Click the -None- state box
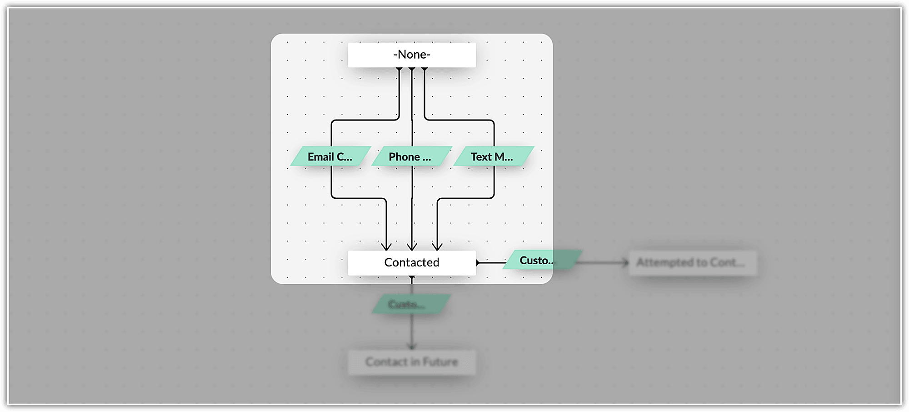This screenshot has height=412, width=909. click(412, 55)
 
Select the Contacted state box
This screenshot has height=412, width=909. click(412, 262)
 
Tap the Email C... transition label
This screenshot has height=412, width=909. click(330, 156)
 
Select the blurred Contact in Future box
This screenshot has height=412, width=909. click(412, 362)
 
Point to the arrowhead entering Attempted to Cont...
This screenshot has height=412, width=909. click(626, 262)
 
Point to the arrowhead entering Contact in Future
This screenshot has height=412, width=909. click(412, 347)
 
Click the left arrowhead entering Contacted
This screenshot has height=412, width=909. click(386, 247)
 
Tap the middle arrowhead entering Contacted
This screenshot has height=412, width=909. click(412, 247)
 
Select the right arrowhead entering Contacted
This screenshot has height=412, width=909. click(437, 247)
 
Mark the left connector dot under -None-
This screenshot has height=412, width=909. click(399, 69)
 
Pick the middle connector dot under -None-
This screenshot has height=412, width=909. click(412, 69)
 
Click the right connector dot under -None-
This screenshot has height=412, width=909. click(425, 69)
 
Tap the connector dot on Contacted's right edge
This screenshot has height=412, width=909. click(478, 262)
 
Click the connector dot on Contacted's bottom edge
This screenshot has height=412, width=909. click(412, 276)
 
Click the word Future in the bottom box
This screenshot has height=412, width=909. click(440, 362)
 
